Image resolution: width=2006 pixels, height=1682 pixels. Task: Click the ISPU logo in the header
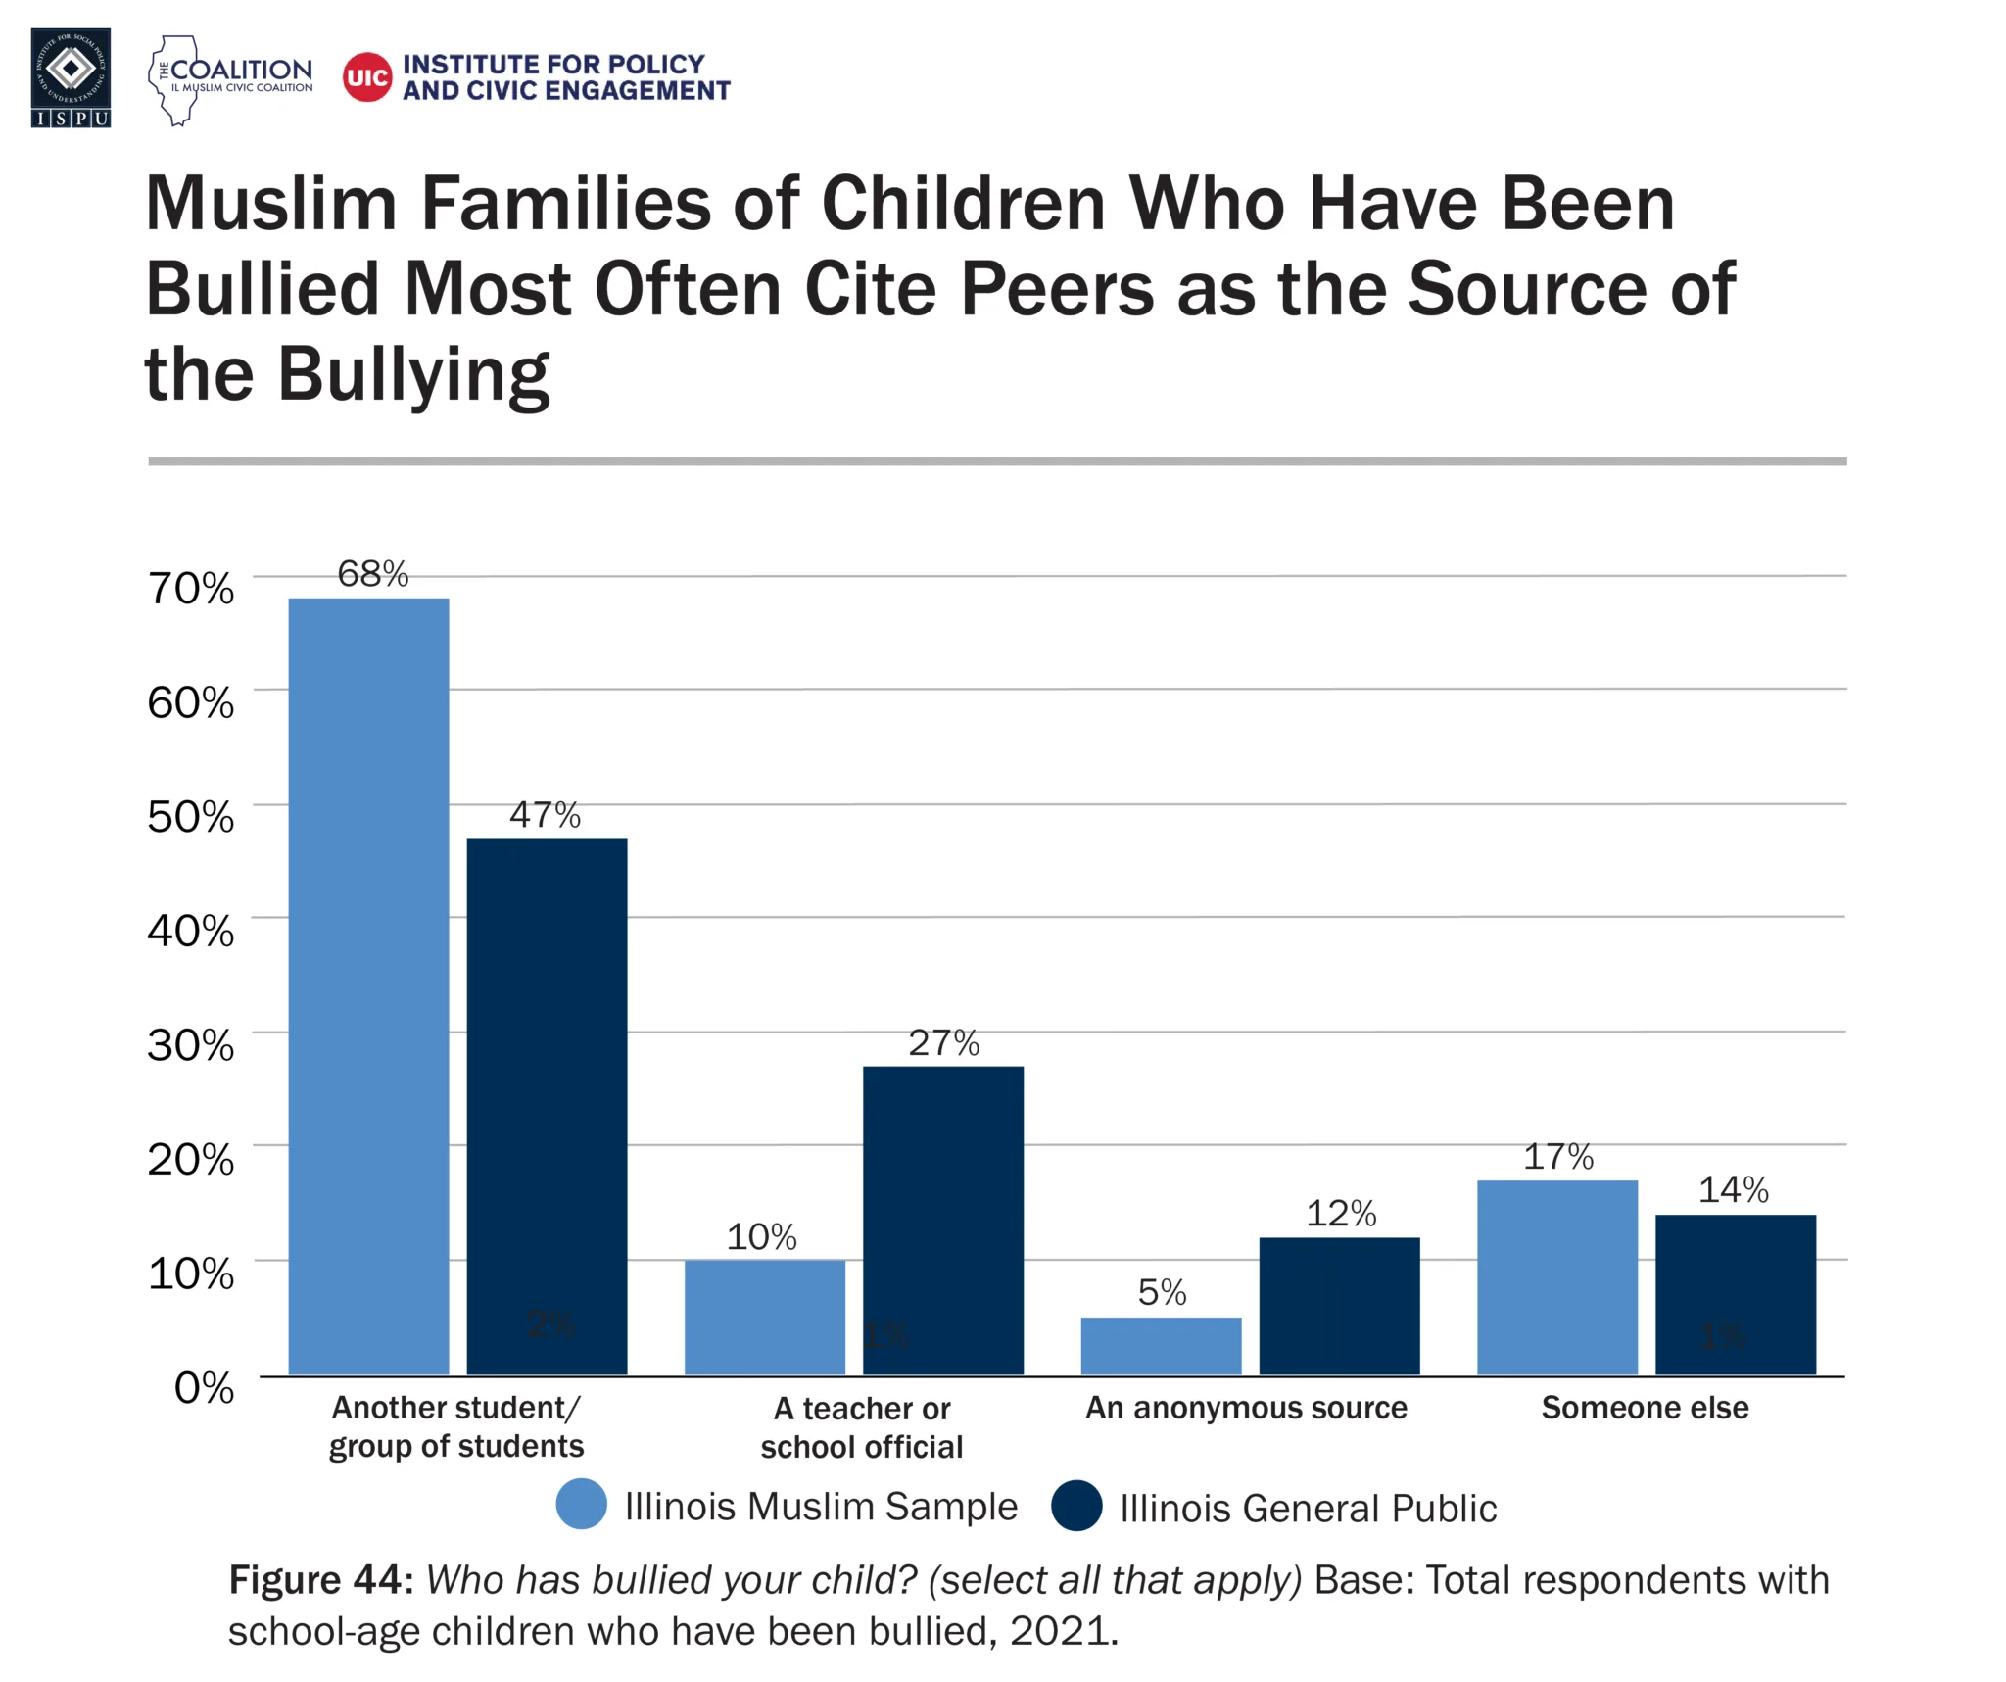pyautogui.click(x=71, y=77)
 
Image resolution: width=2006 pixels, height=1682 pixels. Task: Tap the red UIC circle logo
pyautogui.click(x=367, y=77)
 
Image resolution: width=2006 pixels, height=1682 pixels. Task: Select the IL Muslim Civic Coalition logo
pyautogui.click(x=231, y=79)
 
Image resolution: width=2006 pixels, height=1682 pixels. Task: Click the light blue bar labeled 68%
pyautogui.click(x=368, y=985)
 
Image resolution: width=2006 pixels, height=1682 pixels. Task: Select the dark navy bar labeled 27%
pyautogui.click(x=942, y=1220)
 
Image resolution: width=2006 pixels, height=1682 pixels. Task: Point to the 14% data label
pyautogui.click(x=1733, y=1190)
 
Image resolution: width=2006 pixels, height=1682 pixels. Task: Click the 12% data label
pyautogui.click(x=1341, y=1214)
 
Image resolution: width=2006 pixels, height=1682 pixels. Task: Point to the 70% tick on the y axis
pyautogui.click(x=191, y=589)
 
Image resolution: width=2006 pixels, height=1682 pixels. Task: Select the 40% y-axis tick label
pyautogui.click(x=191, y=931)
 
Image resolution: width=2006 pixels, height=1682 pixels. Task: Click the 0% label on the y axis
pyautogui.click(x=204, y=1387)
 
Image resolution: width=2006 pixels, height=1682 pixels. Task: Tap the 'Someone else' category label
pyautogui.click(x=1645, y=1408)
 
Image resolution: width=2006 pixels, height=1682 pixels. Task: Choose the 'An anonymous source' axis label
pyautogui.click(x=1246, y=1408)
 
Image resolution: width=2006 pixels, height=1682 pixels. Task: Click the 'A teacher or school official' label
pyautogui.click(x=862, y=1427)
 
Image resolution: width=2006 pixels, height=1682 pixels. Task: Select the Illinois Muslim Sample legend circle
pyautogui.click(x=582, y=1504)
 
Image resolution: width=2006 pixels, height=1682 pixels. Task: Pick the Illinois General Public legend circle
pyautogui.click(x=1076, y=1506)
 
